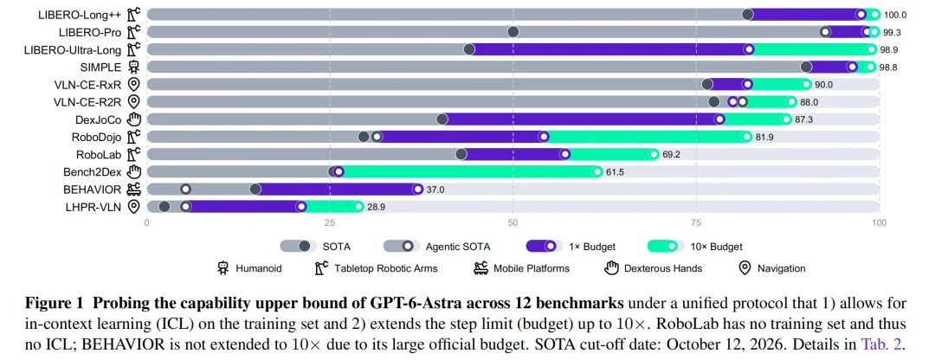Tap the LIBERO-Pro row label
pyautogui.click(x=90, y=32)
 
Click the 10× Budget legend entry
pyautogui.click(x=694, y=246)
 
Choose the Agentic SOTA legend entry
pyautogui.click(x=438, y=246)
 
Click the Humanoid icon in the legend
pyautogui.click(x=223, y=268)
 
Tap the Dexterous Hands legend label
pyautogui.click(x=663, y=269)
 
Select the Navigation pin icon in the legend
pyautogui.click(x=745, y=268)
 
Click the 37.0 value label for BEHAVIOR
pyautogui.click(x=435, y=190)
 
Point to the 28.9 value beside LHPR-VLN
pyautogui.click(x=376, y=207)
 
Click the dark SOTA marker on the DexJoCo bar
pyautogui.click(x=442, y=119)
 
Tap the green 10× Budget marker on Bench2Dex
pyautogui.click(x=597, y=171)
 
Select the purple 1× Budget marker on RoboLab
pyautogui.click(x=564, y=154)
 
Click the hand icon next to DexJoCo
pyautogui.click(x=133, y=119)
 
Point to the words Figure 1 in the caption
pyautogui.click(x=55, y=304)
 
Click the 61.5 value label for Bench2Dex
pyautogui.click(x=615, y=172)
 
